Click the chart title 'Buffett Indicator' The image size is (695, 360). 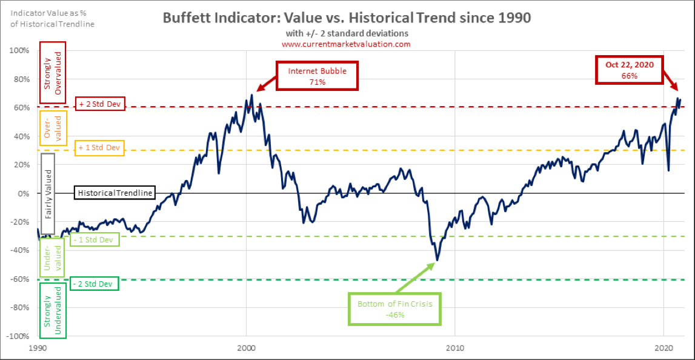(x=347, y=18)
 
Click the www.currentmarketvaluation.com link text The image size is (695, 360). (x=346, y=44)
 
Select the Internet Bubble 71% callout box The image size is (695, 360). (x=317, y=76)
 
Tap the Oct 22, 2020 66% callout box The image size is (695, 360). (x=628, y=70)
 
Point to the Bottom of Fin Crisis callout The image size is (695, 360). (x=394, y=308)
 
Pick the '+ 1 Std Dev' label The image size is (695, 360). (x=99, y=147)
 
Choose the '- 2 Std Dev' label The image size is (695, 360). (x=94, y=283)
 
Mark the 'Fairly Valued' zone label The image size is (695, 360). (x=47, y=193)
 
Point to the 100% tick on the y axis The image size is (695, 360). (x=20, y=50)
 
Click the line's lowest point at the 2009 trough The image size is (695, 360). (x=437, y=261)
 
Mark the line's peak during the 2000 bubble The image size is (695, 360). (x=252, y=95)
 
